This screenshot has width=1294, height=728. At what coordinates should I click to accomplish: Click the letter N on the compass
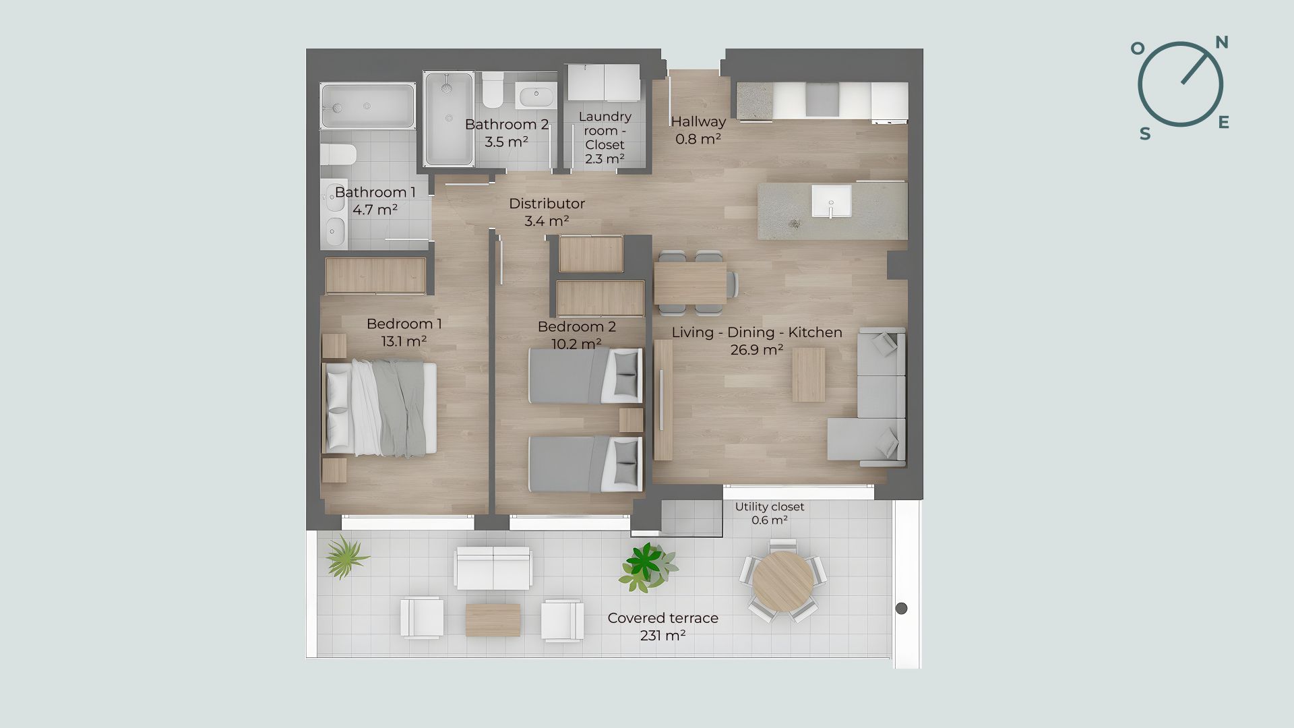pyautogui.click(x=1221, y=42)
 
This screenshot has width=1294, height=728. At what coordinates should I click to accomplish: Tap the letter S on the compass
pyautogui.click(x=1145, y=134)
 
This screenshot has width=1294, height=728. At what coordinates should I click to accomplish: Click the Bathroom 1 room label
pyautogui.click(x=375, y=201)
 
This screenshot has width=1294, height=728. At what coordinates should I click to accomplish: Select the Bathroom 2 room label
pyautogui.click(x=507, y=133)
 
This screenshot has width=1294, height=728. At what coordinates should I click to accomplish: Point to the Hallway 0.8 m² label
pyautogui.click(x=698, y=130)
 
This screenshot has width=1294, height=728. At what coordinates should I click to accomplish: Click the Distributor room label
pyautogui.click(x=547, y=212)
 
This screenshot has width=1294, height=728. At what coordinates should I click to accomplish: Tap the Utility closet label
pyautogui.click(x=770, y=513)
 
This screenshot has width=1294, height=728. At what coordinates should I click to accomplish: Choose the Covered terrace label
pyautogui.click(x=663, y=626)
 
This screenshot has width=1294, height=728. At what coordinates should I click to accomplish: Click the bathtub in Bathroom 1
pyautogui.click(x=367, y=106)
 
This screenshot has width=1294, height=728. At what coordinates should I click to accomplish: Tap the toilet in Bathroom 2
pyautogui.click(x=493, y=89)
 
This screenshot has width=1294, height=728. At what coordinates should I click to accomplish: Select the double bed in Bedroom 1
pyautogui.click(x=380, y=408)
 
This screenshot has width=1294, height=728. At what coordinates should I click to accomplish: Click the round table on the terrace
pyautogui.click(x=782, y=581)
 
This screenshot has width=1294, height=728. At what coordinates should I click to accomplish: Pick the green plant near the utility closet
pyautogui.click(x=647, y=566)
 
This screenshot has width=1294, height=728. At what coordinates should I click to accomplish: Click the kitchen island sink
pyautogui.click(x=831, y=201)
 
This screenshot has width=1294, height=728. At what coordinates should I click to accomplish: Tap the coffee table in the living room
pyautogui.click(x=808, y=375)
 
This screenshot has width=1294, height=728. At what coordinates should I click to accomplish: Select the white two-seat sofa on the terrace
pyautogui.click(x=493, y=568)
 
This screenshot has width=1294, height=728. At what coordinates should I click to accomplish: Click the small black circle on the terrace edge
pyautogui.click(x=901, y=608)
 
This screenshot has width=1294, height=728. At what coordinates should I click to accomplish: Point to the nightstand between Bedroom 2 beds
pyautogui.click(x=631, y=420)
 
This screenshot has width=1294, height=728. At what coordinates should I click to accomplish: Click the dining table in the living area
pyautogui.click(x=690, y=283)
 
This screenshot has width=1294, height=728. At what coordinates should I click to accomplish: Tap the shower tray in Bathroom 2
pyautogui.click(x=449, y=119)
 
